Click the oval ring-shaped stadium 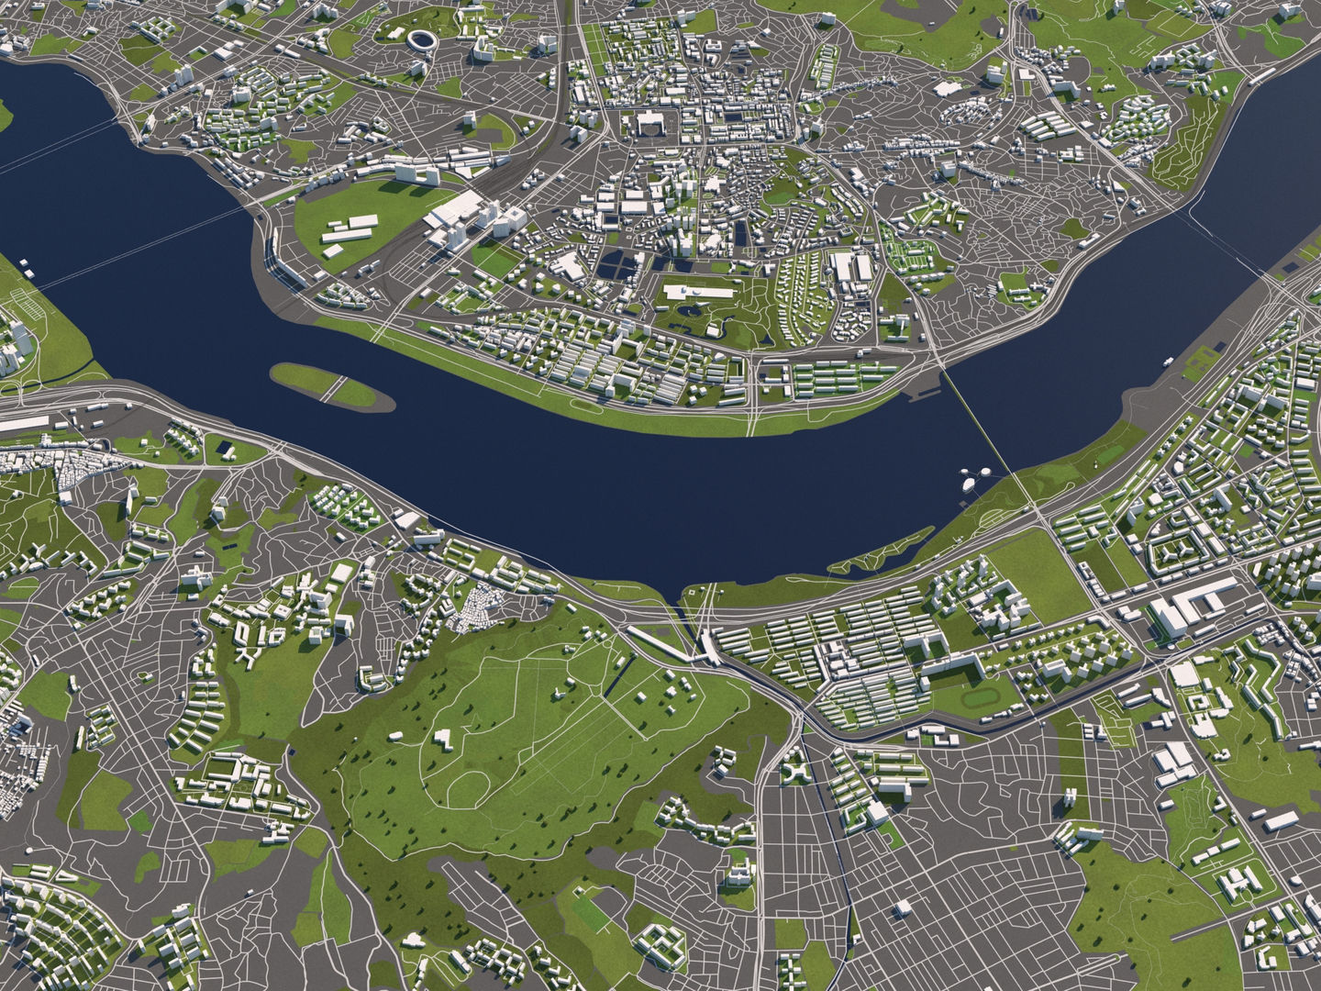[423, 40]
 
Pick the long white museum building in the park [694, 293]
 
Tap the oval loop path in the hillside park [469, 785]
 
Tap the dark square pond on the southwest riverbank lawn [223, 449]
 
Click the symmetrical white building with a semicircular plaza [649, 124]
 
